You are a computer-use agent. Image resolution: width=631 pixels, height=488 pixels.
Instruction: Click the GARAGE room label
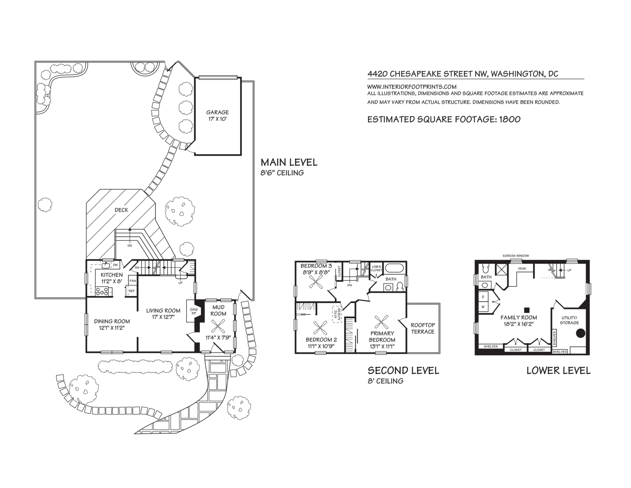tap(217, 112)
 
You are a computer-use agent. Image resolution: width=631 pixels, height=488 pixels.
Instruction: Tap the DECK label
tap(121, 210)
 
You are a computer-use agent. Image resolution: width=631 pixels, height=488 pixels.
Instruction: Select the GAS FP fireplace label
tap(194, 312)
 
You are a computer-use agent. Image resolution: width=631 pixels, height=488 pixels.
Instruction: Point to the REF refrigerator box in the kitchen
tap(132, 291)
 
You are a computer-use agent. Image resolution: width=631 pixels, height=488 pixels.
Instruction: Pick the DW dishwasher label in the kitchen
tap(115, 265)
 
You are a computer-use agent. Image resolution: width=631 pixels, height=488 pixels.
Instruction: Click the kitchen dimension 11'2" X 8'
tap(112, 281)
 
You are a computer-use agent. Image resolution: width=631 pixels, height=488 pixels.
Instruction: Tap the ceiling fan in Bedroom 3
tap(315, 282)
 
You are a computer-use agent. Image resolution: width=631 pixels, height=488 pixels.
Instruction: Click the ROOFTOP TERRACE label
tap(423, 328)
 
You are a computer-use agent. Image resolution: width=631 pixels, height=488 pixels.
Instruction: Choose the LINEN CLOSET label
tap(376, 268)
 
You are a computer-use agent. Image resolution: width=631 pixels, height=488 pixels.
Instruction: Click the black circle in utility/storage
tap(580, 333)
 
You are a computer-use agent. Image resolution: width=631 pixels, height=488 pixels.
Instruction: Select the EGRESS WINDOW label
tap(516, 256)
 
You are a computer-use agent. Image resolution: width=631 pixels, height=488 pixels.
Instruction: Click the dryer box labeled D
tap(483, 297)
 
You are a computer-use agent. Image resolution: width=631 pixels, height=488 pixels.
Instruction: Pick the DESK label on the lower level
tap(522, 268)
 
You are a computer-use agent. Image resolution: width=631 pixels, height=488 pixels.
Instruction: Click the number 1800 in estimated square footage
tap(510, 120)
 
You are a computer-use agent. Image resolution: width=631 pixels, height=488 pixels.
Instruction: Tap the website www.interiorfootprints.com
tap(412, 86)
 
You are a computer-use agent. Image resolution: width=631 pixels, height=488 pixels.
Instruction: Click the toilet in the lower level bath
tap(485, 268)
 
